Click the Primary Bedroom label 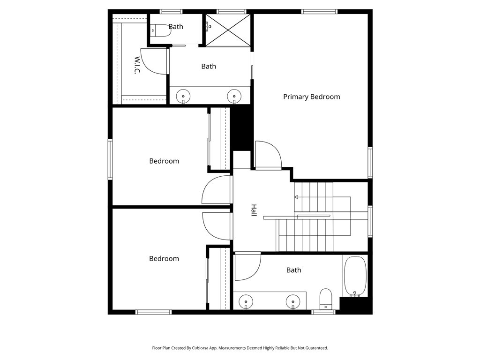[311, 97]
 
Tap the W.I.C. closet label [137, 66]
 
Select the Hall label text [253, 210]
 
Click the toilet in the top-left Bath [157, 30]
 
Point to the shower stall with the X [228, 30]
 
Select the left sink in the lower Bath [245, 300]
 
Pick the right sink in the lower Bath [292, 300]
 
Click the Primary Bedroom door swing [268, 154]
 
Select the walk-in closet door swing [154, 60]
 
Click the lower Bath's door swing [247, 266]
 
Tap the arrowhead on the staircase [296, 197]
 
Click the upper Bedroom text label [164, 161]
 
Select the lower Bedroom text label [164, 258]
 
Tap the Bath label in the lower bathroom [293, 270]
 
